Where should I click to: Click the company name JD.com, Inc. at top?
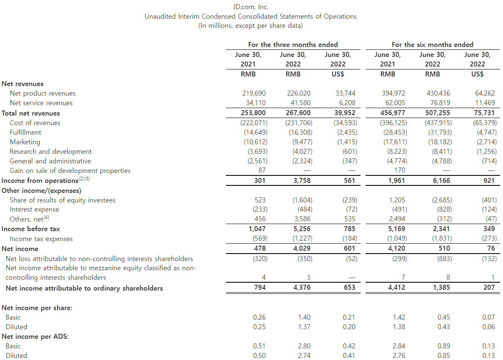[250, 7]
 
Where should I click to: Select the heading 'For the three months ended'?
[293, 44]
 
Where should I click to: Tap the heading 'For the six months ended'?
[432, 44]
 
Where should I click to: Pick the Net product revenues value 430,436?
[438, 94]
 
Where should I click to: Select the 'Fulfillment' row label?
[25, 132]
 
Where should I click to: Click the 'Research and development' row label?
[51, 151]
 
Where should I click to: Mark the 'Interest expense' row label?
[34, 210]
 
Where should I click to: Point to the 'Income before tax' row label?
[31, 229]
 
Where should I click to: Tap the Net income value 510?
[444, 249]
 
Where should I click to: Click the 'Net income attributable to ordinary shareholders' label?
[84, 288]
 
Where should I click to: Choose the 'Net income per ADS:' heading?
[35, 336]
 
